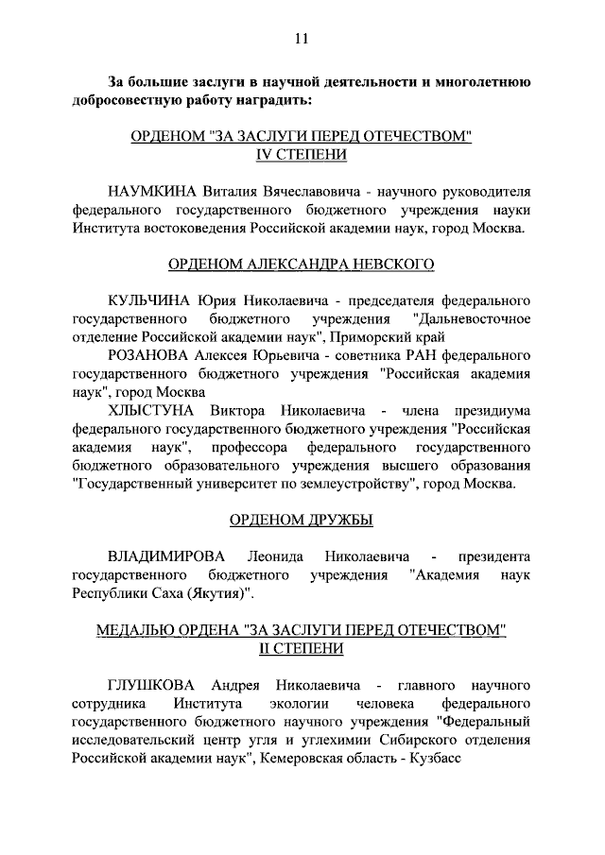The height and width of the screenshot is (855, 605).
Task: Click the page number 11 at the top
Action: coord(302,39)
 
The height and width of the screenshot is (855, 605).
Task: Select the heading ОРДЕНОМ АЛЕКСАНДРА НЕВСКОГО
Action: coord(302,265)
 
